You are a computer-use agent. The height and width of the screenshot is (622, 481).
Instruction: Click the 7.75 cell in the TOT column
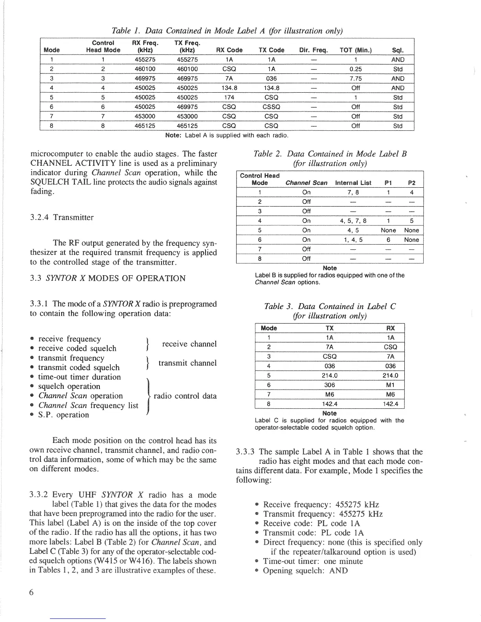pyautogui.click(x=356, y=79)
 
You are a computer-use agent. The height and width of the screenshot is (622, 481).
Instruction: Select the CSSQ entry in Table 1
pyautogui.click(x=272, y=107)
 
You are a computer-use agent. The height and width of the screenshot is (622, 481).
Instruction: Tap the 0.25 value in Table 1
pyautogui.click(x=356, y=69)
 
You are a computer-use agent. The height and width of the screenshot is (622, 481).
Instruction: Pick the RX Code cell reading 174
pyautogui.click(x=229, y=97)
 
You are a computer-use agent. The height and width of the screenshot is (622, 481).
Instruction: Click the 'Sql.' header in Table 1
pyautogui.click(x=398, y=50)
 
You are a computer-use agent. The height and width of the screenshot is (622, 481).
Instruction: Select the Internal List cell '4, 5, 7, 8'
pyautogui.click(x=353, y=221)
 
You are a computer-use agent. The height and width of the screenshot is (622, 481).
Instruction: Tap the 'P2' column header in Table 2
pyautogui.click(x=412, y=183)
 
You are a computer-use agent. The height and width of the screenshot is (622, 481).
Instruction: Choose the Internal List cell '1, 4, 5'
pyautogui.click(x=353, y=240)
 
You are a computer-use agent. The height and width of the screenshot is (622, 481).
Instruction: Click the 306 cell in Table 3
pyautogui.click(x=330, y=385)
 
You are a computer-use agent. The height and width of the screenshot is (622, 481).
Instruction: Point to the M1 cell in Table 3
pyautogui.click(x=390, y=385)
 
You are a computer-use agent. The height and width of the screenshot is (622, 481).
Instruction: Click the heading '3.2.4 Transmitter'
pyautogui.click(x=62, y=218)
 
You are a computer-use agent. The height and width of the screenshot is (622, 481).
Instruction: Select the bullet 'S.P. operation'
pyautogui.click(x=63, y=415)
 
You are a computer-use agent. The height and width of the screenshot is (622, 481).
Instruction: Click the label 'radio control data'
pyautogui.click(x=185, y=396)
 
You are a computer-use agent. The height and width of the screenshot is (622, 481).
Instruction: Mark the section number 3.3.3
pyautogui.click(x=246, y=452)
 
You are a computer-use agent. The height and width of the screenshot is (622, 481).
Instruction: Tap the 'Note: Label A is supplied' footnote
pyautogui.click(x=227, y=135)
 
